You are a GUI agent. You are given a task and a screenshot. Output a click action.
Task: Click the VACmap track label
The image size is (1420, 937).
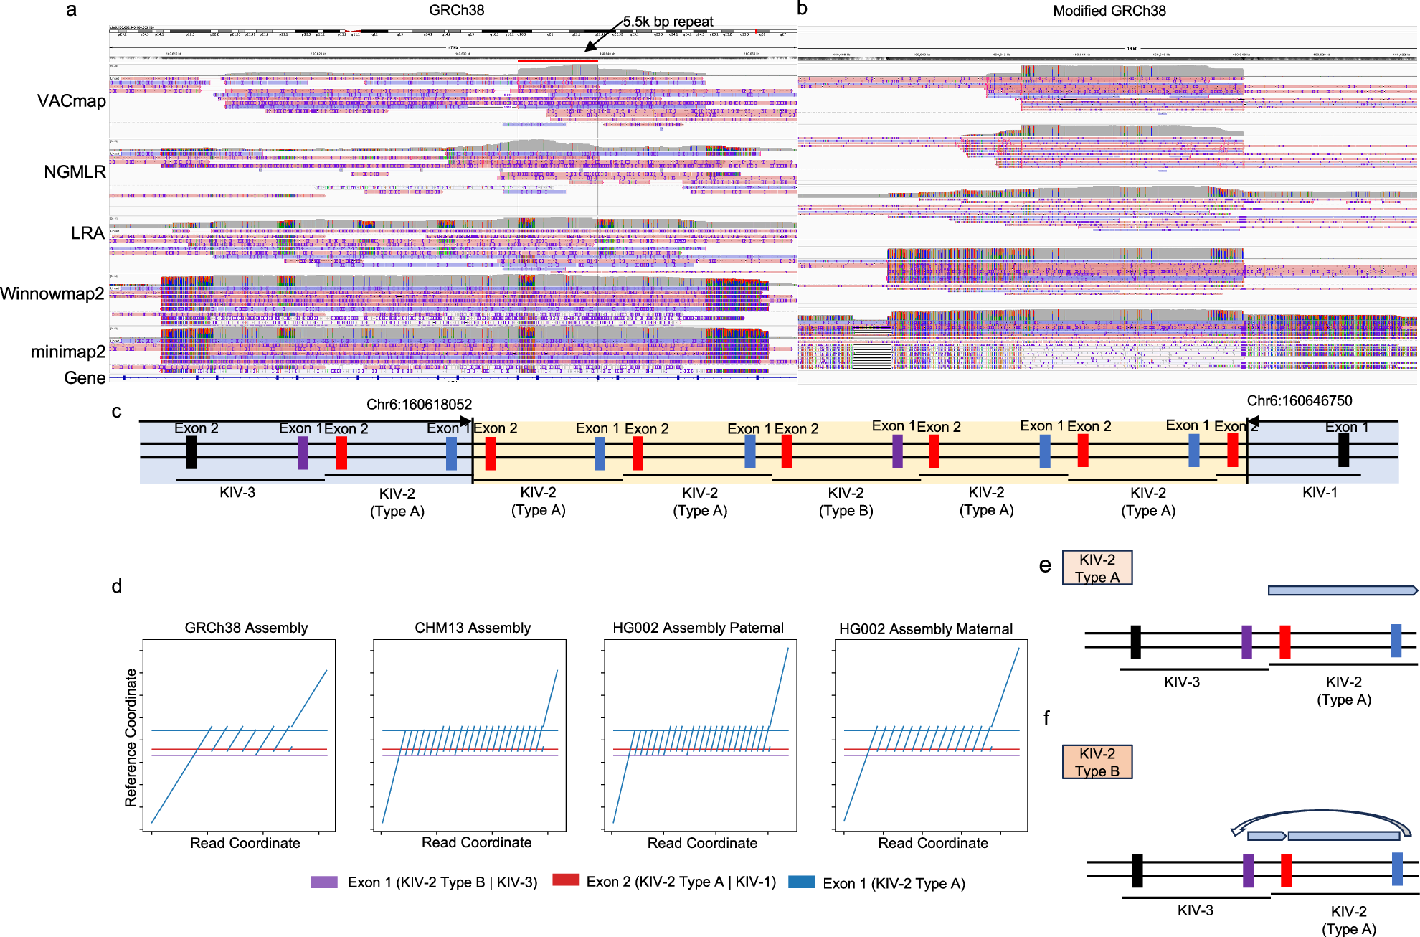71,101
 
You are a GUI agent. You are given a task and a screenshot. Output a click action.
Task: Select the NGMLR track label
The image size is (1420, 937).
75,172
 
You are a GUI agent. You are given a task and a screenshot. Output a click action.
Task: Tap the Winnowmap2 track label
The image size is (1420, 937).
52,293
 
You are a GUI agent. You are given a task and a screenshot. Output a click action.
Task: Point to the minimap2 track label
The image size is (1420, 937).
68,352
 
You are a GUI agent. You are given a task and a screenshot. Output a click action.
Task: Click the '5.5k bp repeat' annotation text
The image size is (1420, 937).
668,22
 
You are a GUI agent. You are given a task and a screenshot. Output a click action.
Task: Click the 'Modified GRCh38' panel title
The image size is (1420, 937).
1109,11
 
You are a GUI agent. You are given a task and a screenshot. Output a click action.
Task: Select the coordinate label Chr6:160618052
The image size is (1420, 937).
419,405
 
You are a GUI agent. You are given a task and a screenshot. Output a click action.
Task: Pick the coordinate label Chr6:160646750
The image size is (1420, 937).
1299,401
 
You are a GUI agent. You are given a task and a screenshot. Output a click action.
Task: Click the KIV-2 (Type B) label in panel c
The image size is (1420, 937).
846,502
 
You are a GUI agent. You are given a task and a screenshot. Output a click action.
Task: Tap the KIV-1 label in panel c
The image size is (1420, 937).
1320,492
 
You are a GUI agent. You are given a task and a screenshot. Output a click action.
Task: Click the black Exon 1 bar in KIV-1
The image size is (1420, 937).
1343,451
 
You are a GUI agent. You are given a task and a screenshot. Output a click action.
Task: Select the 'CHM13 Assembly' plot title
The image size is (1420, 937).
473,628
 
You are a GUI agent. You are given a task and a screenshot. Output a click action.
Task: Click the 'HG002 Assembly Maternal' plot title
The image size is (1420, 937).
925,629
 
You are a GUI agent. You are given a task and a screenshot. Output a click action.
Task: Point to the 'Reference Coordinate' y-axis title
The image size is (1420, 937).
131,738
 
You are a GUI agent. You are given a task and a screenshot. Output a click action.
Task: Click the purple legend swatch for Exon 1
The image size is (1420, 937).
323,882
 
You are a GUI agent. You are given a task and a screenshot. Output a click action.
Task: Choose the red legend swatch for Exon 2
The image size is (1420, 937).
566,880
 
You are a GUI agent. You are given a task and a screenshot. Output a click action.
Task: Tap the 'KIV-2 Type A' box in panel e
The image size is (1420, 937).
1097,568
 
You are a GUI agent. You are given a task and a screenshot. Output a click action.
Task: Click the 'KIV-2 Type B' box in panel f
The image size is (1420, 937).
1097,762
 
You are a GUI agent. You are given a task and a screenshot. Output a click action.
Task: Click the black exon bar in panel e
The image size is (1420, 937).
1135,641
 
